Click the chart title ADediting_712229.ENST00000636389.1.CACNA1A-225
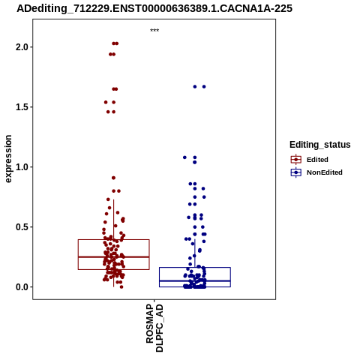pos(154,9)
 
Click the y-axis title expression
pos(8,159)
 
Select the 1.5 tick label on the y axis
pos(22,107)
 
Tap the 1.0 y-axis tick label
pos(22,167)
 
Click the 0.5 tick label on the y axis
pos(22,227)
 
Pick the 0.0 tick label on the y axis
pos(22,287)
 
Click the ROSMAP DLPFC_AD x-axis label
pos(154,328)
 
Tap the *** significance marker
pos(154,31)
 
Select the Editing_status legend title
pos(320,145)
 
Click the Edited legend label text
pos(317,160)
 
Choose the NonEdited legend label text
pos(325,172)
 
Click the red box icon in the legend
pos(296,160)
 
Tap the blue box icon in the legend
pos(296,172)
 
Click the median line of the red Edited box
pos(114,256)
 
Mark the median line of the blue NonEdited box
pos(195,281)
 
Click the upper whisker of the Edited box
pos(114,220)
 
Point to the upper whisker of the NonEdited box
pos(195,253)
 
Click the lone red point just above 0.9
pos(113,178)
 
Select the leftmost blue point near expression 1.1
pos(184,157)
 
